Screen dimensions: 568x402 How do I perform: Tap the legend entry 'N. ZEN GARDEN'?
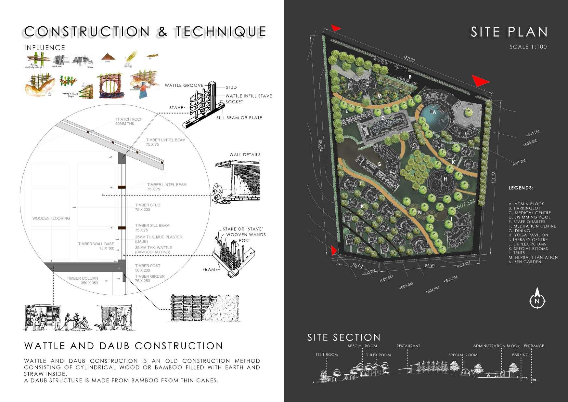525,262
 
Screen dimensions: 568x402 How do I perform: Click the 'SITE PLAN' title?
509,32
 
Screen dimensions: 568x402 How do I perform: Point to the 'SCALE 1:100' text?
528,47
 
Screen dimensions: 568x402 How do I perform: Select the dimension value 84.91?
430,265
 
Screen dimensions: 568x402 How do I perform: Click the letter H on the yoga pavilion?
445,179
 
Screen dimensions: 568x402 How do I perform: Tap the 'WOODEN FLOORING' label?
51,218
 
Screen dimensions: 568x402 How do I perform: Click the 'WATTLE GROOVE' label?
184,86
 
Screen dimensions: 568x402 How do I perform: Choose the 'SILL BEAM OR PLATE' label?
239,118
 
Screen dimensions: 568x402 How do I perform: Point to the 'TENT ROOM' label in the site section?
327,355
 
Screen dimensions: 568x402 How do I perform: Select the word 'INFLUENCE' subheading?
45,48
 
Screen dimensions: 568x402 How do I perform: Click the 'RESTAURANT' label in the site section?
408,346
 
